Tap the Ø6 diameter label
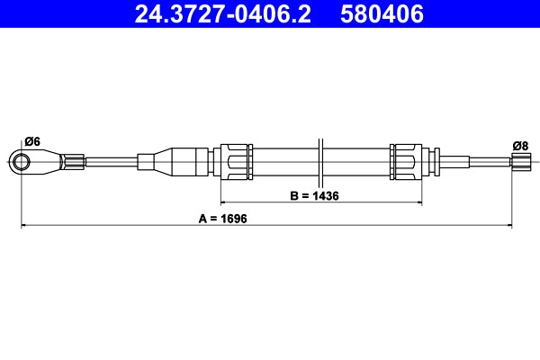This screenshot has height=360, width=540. [32, 141]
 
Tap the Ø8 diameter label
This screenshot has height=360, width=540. [519, 145]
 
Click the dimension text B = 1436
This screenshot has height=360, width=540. [313, 195]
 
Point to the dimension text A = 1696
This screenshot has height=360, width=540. [222, 218]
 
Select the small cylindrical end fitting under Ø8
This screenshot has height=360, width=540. [520, 162]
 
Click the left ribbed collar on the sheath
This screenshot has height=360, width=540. [236, 162]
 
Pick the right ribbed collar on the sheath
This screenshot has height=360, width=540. [405, 162]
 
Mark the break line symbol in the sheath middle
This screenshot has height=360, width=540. [320, 162]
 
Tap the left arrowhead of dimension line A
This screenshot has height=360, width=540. [23, 225]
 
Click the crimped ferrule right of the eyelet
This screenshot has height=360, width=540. [74, 162]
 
